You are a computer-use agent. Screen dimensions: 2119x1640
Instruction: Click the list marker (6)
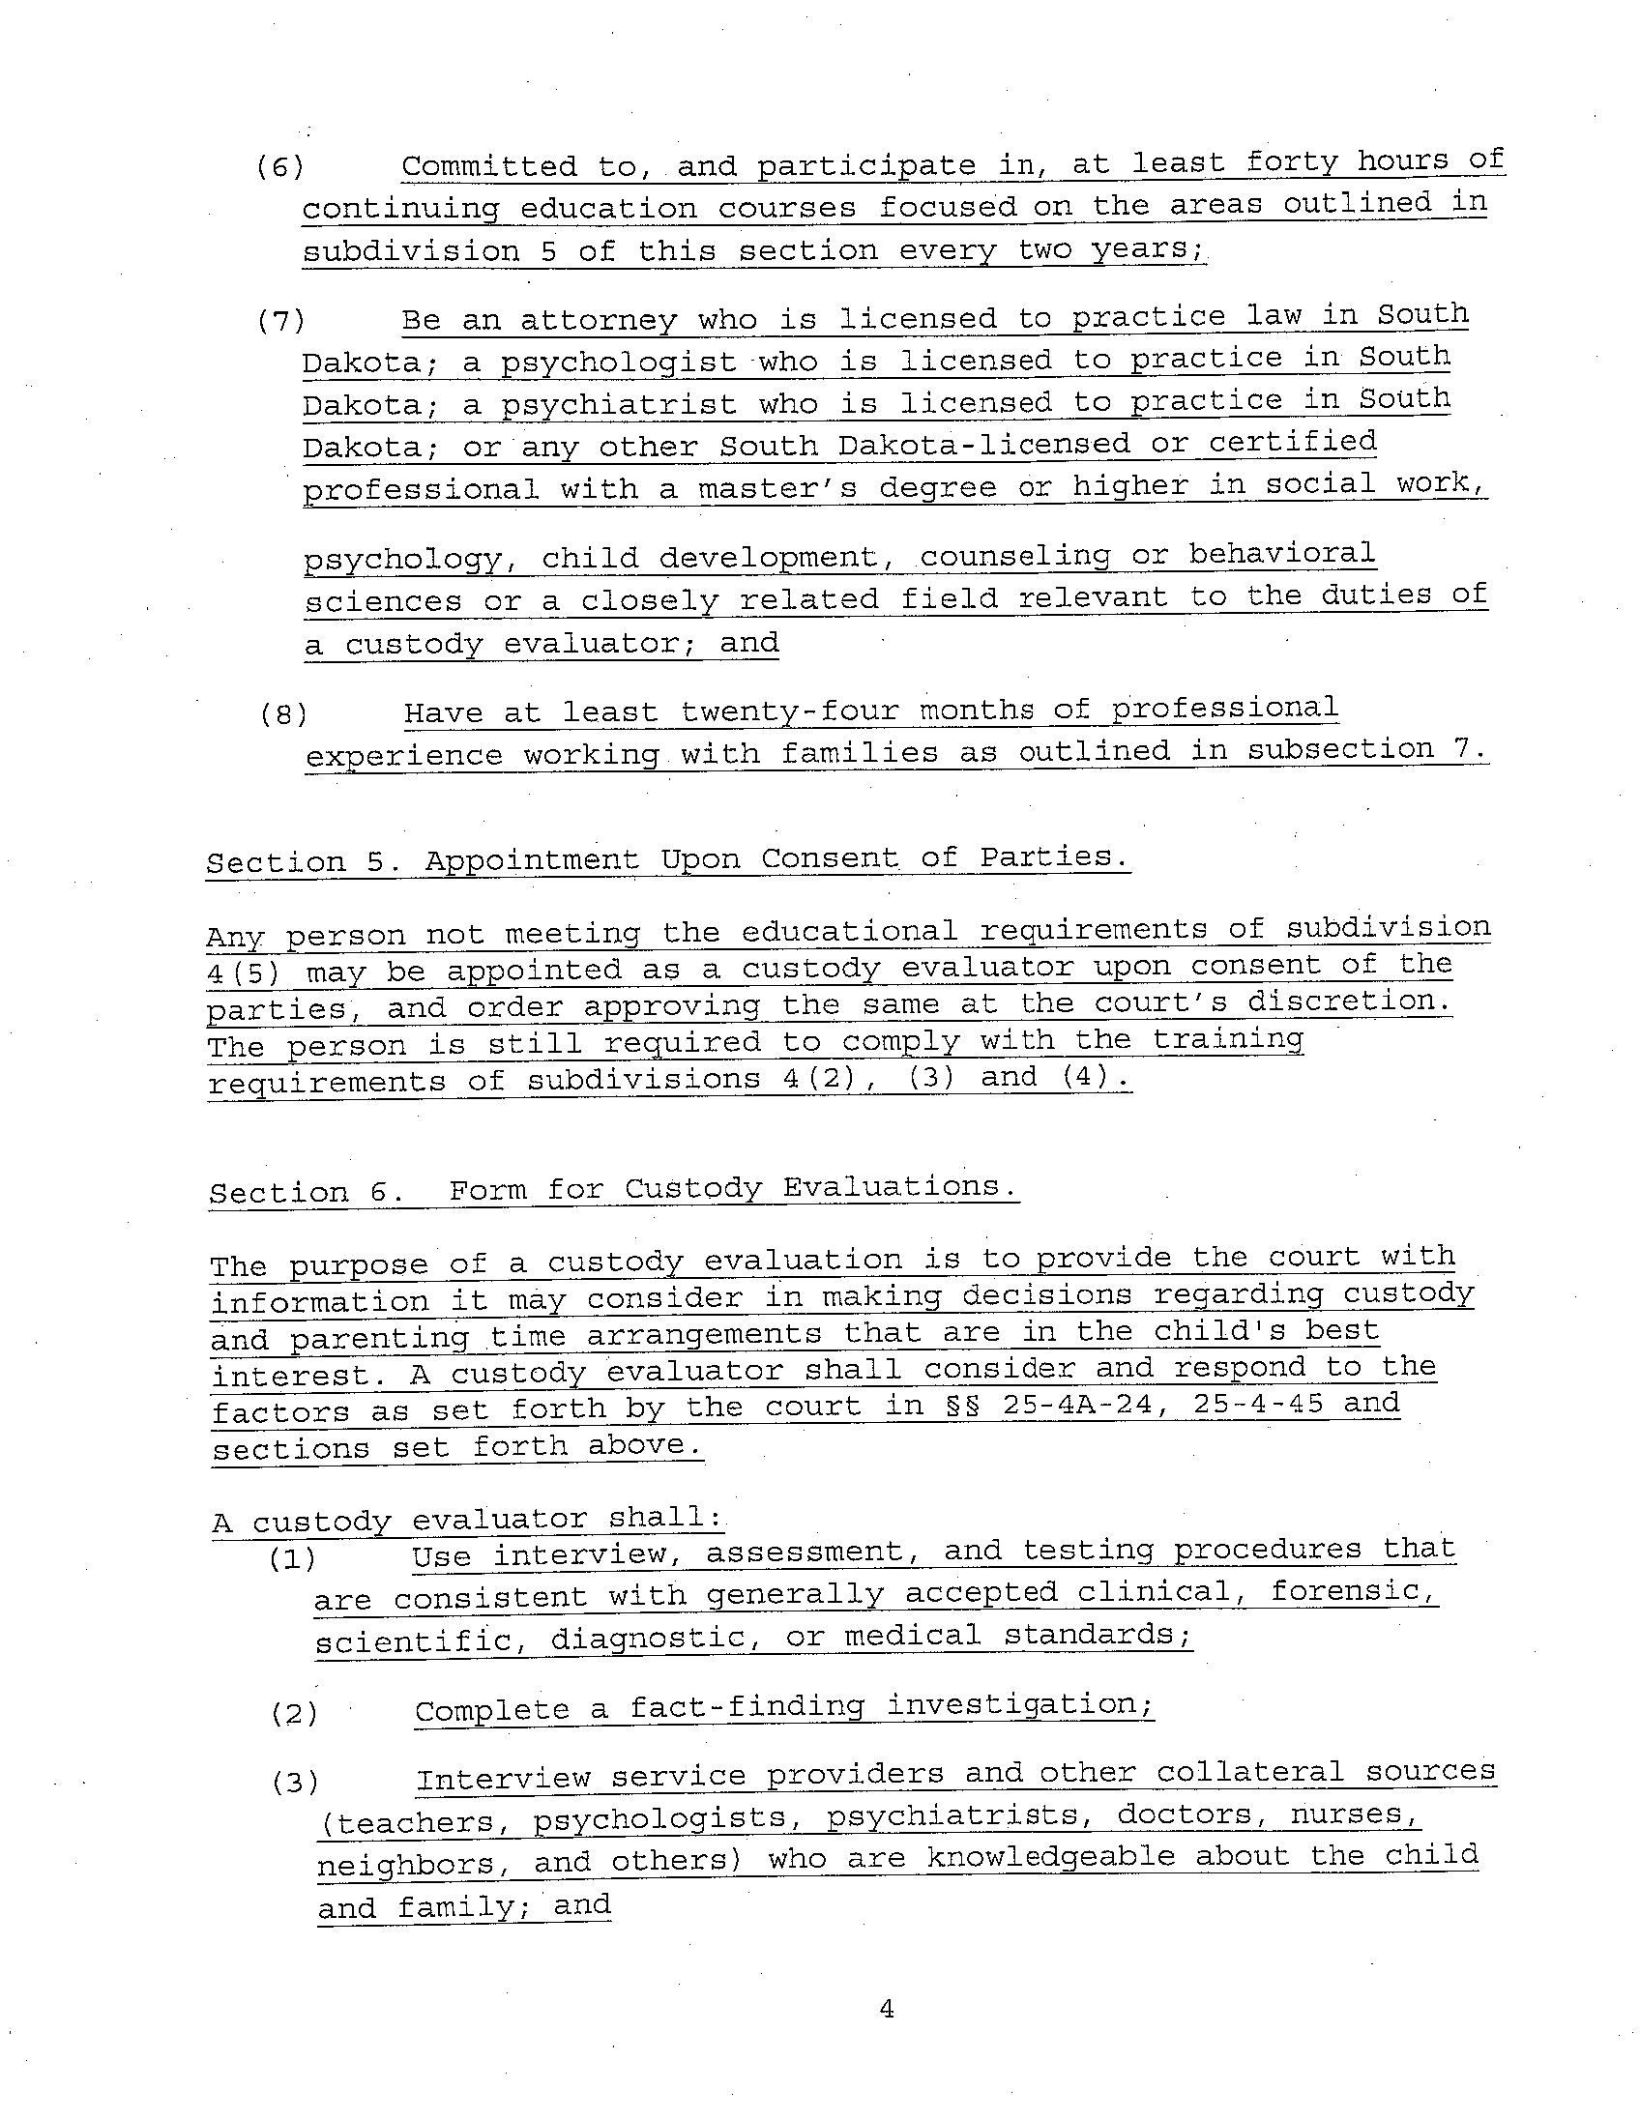tap(280, 167)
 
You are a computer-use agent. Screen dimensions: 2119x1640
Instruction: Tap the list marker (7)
tap(281, 320)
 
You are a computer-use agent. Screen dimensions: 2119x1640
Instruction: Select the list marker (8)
tap(284, 715)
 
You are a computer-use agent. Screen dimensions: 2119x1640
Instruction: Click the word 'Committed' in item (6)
tap(489, 166)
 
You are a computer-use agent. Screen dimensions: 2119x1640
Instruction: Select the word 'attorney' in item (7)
tap(599, 319)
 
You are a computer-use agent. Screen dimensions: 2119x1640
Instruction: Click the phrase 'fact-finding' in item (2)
tap(747, 1706)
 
